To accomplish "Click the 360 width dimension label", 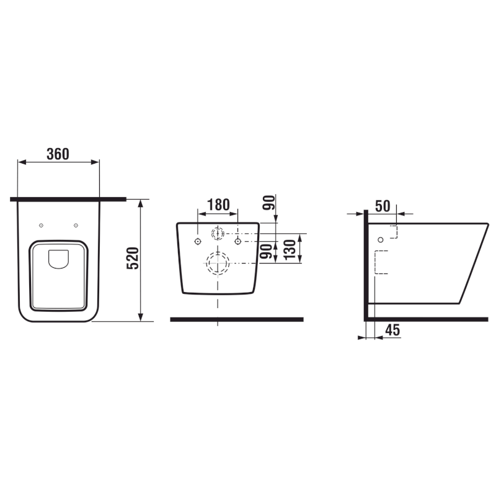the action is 58,154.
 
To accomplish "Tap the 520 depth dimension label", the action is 133,258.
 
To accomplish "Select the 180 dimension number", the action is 218,205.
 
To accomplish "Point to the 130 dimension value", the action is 290,250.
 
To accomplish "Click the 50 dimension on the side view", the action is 383,206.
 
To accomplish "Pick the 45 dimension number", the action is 392,330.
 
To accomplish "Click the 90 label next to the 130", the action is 267,251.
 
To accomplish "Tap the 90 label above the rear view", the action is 269,203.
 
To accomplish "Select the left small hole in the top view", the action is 41,225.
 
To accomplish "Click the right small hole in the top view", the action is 76,225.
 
